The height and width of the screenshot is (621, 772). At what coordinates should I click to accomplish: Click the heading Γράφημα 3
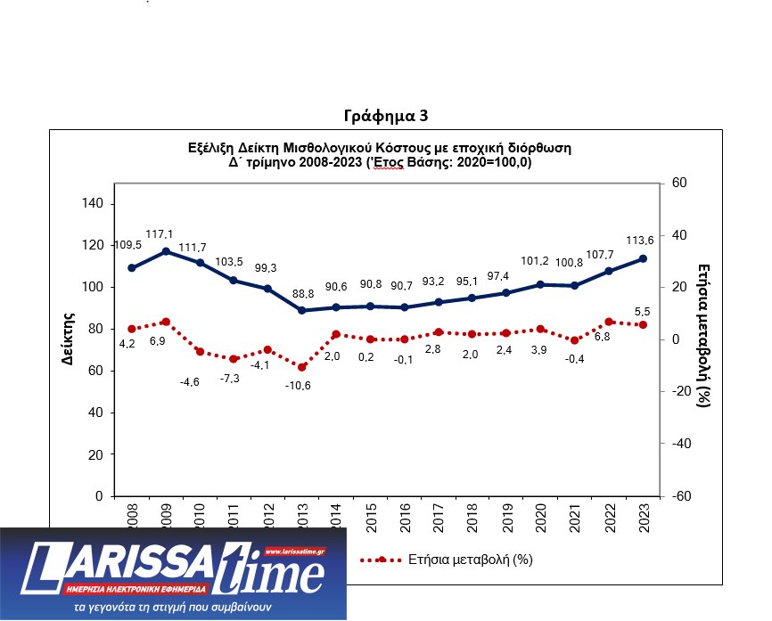pos(386,116)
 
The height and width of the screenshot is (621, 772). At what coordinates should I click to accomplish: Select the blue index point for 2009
pos(166,251)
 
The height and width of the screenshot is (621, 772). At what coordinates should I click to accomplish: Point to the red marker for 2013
pos(302,367)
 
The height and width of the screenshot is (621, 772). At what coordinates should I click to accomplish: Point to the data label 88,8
pos(303,293)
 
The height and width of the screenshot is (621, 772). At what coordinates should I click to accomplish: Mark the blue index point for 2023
pos(644,258)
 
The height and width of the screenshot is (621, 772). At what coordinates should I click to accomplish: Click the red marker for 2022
pos(609,322)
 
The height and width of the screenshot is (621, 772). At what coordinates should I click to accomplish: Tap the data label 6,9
pos(165,342)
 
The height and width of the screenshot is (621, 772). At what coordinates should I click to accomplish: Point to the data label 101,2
pos(541,261)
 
